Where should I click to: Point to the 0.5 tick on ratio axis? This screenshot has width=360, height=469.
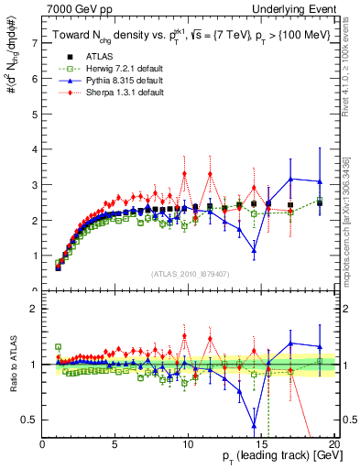pyautogui.click(x=30, y=420)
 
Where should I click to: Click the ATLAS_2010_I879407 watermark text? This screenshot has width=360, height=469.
pyautogui.click(x=189, y=274)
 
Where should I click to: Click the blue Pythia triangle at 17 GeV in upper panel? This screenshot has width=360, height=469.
pyautogui.click(x=290, y=180)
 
